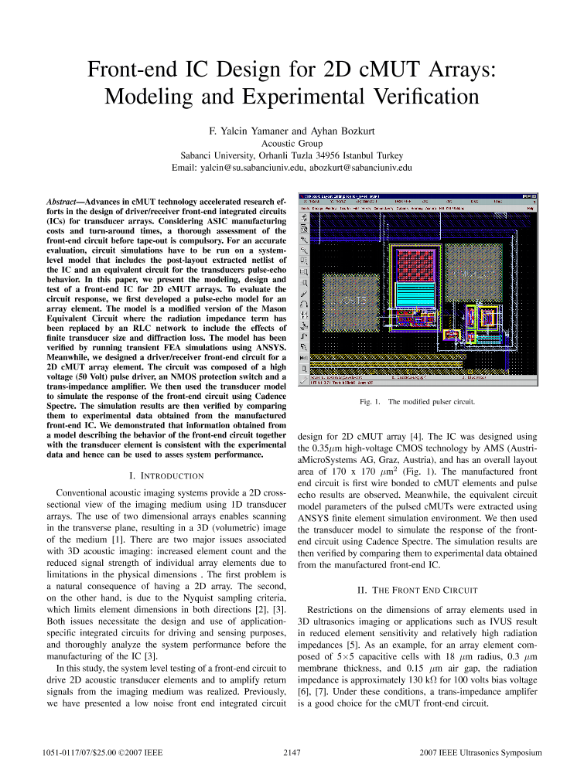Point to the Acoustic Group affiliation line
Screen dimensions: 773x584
[x=292, y=142]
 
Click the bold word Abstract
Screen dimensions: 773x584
[x=65, y=201]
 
